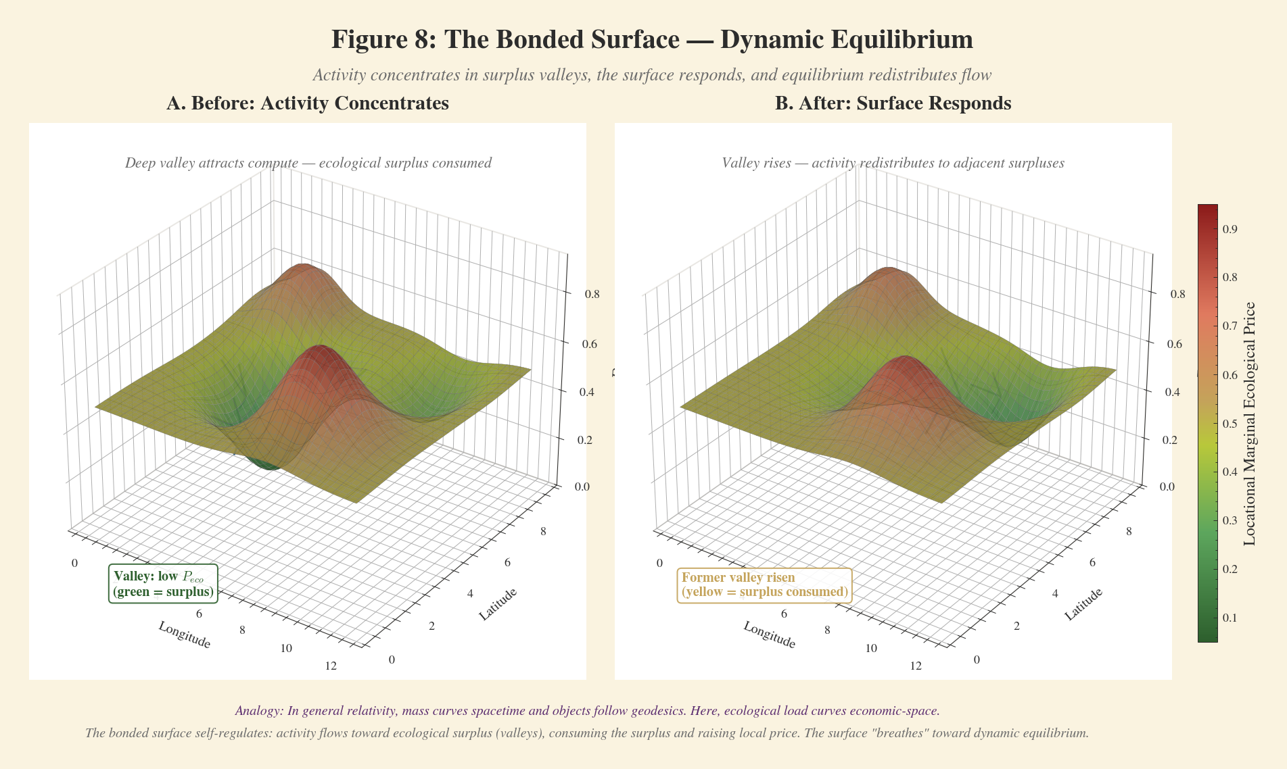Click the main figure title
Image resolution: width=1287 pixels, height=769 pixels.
tap(651, 40)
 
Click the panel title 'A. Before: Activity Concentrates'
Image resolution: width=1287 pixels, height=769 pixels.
tap(308, 103)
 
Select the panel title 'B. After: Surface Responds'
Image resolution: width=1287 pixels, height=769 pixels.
tap(893, 103)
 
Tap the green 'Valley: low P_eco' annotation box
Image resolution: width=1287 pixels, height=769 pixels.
tap(163, 585)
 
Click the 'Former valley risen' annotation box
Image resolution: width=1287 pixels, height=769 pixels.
tap(764, 585)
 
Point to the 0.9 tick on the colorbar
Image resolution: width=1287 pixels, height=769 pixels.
tap(1230, 229)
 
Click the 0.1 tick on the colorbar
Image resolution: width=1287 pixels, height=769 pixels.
tap(1230, 618)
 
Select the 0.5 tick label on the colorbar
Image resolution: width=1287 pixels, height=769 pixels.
tap(1230, 424)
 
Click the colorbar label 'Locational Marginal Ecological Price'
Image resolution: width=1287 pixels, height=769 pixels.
tap(1250, 424)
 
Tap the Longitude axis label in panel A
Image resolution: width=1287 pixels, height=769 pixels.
tap(185, 635)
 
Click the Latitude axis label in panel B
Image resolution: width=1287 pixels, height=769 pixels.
tap(1083, 604)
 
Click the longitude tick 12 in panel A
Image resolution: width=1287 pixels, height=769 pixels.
tap(331, 666)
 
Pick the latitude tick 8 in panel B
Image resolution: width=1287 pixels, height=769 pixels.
tap(1128, 532)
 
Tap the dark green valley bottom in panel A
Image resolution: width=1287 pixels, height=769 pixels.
tap(265, 465)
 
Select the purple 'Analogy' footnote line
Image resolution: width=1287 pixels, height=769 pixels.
tap(587, 711)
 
